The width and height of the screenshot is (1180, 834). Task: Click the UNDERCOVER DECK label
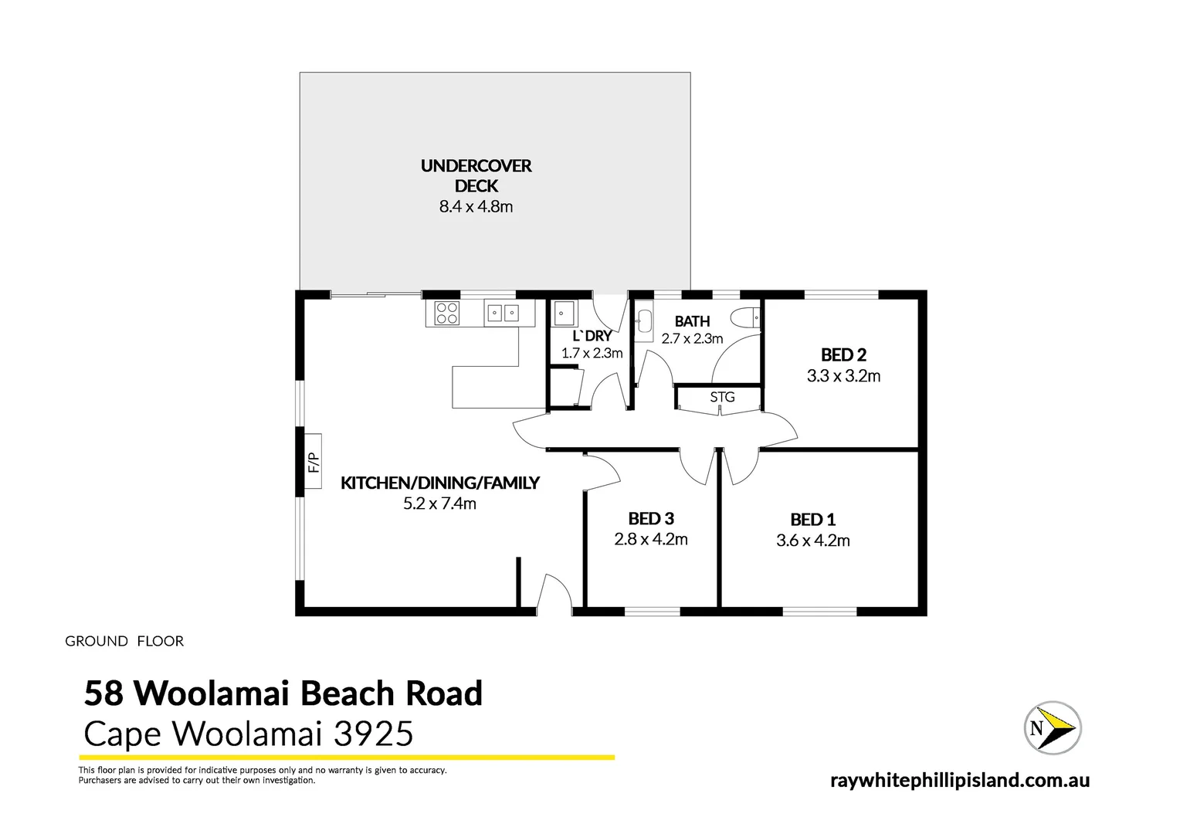point(476,175)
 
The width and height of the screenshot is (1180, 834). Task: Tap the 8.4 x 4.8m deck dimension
point(476,207)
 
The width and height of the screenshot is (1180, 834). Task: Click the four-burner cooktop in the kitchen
point(447,313)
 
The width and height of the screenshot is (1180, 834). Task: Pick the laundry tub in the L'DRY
point(565,314)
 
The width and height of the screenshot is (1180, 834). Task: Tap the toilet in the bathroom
point(746,317)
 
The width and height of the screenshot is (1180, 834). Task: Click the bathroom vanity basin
point(645,322)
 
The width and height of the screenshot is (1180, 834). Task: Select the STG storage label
point(722,397)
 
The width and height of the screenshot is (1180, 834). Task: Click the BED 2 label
point(843,355)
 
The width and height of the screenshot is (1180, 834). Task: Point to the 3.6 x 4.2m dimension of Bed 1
point(813,541)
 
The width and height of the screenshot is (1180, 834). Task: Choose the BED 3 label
point(651,519)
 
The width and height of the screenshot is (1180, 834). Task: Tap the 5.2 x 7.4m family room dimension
point(439,504)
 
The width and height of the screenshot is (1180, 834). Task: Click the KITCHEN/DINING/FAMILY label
point(439,483)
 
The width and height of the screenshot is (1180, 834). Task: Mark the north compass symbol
point(1051,727)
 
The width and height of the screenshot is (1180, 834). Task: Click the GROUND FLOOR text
point(124,641)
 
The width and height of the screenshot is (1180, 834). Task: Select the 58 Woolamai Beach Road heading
point(283,693)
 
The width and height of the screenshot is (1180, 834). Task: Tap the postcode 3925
point(373,734)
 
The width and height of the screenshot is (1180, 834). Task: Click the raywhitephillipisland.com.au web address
point(960,781)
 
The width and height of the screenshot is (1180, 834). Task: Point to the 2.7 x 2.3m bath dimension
point(692,339)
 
